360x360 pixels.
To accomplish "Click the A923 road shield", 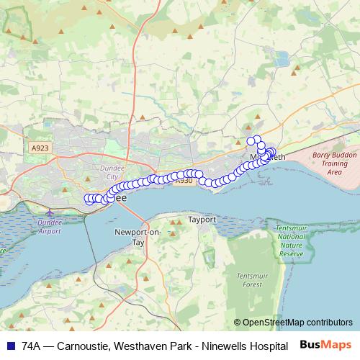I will click(x=40, y=148).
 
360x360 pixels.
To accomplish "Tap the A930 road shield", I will click(x=184, y=181).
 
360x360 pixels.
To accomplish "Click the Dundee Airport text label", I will click(x=49, y=227).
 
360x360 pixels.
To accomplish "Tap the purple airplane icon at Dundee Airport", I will click(x=49, y=213).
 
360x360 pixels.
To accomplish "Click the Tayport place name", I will click(x=202, y=219).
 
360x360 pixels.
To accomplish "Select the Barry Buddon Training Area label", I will click(x=334, y=163).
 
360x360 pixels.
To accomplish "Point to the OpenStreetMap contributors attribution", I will click(x=293, y=322).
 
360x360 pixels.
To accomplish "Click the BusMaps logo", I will click(x=326, y=346).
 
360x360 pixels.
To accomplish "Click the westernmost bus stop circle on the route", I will click(x=88, y=199).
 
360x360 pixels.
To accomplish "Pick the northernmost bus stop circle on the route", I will click(x=251, y=140).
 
